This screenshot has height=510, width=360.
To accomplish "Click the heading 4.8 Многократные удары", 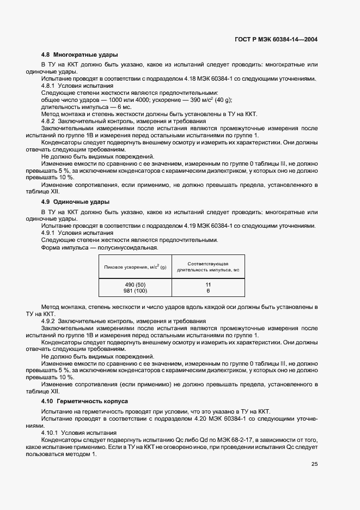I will [x=80, y=55].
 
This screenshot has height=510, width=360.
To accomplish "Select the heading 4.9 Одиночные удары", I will [x=75, y=202].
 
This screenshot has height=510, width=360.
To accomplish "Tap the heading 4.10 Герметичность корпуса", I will [x=84, y=401].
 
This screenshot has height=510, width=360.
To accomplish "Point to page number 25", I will [x=314, y=464].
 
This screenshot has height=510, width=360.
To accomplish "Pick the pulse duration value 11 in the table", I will [x=208, y=285].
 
